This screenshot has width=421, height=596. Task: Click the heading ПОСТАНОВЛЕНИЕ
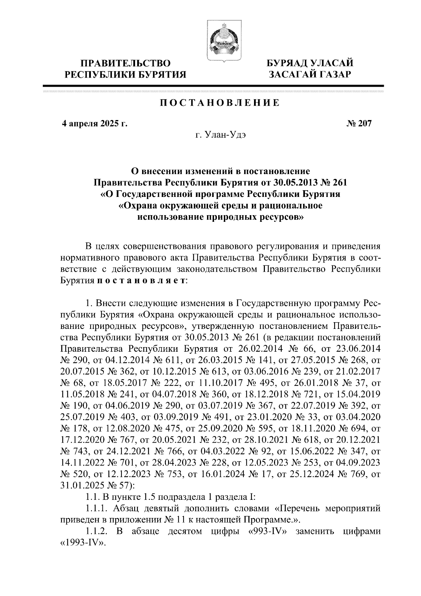tap(220, 103)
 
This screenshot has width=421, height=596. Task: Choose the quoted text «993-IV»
tap(268, 531)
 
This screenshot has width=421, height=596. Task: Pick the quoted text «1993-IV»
tap(83, 543)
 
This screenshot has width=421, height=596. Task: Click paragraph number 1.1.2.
tap(96, 531)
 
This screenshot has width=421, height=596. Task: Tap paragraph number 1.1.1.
tap(96, 508)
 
